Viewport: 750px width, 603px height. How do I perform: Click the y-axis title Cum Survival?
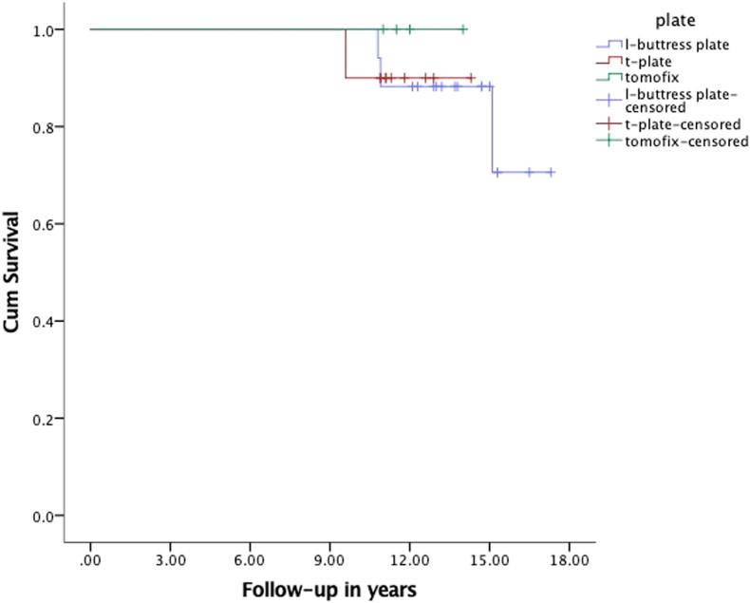[x=13, y=273]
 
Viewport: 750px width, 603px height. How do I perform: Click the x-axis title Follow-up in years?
[x=328, y=589]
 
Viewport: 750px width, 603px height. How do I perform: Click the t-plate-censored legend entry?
[x=682, y=125]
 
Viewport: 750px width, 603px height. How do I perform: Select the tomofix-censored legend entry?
[x=686, y=141]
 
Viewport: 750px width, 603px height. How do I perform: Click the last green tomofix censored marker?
[x=463, y=29]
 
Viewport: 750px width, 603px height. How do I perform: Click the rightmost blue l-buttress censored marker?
[x=551, y=172]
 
